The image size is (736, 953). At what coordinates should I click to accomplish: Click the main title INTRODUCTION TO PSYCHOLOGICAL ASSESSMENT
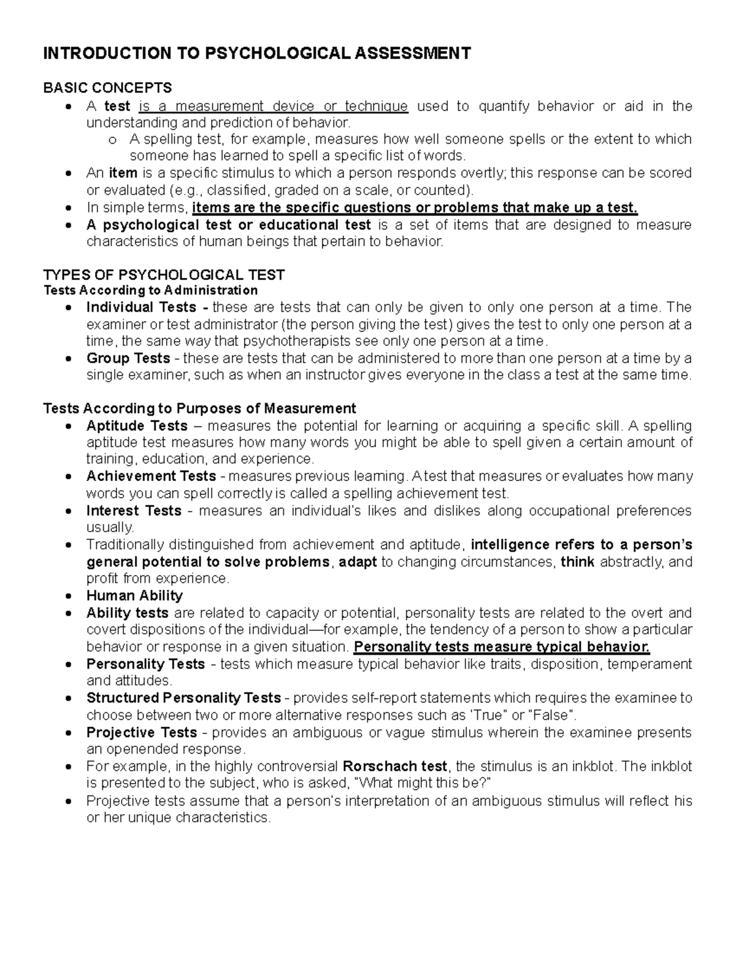point(256,53)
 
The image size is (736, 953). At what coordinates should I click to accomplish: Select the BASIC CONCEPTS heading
point(107,88)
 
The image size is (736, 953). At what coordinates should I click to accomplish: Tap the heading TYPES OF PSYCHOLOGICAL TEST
point(164,274)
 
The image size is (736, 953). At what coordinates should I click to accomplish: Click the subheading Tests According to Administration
point(151,290)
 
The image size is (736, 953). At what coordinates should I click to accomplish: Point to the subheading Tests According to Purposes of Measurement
point(199,408)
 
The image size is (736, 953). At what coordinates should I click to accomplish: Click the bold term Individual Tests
point(141,307)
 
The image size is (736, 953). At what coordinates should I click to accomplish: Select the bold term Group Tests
point(128,358)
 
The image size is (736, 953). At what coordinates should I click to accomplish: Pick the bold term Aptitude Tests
point(137,426)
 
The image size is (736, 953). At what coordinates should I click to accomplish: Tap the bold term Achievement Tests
point(151,476)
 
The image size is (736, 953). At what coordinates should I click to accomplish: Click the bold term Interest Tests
point(134,511)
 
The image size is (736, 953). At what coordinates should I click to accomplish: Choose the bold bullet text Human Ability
point(134,595)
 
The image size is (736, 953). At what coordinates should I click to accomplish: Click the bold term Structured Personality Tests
point(183,698)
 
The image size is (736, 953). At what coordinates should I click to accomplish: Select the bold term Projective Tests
point(141,732)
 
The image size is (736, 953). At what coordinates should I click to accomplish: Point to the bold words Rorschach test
point(396,766)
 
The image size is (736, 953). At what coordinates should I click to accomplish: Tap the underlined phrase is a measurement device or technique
point(273,106)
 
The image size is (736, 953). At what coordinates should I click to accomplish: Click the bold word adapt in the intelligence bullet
point(358,561)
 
